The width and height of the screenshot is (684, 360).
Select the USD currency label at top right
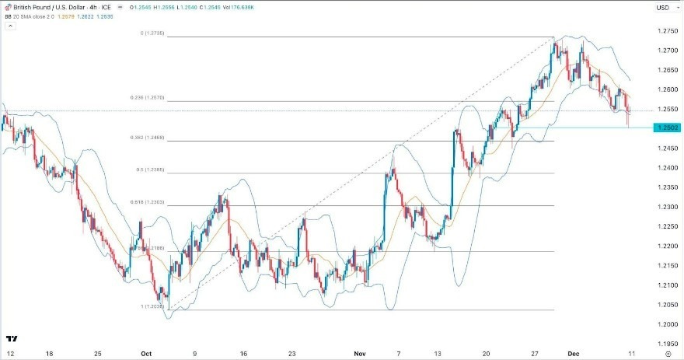pos(662,8)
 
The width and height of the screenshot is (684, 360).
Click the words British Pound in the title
pos(31,8)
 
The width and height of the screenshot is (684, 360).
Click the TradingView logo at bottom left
pos(12,339)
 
